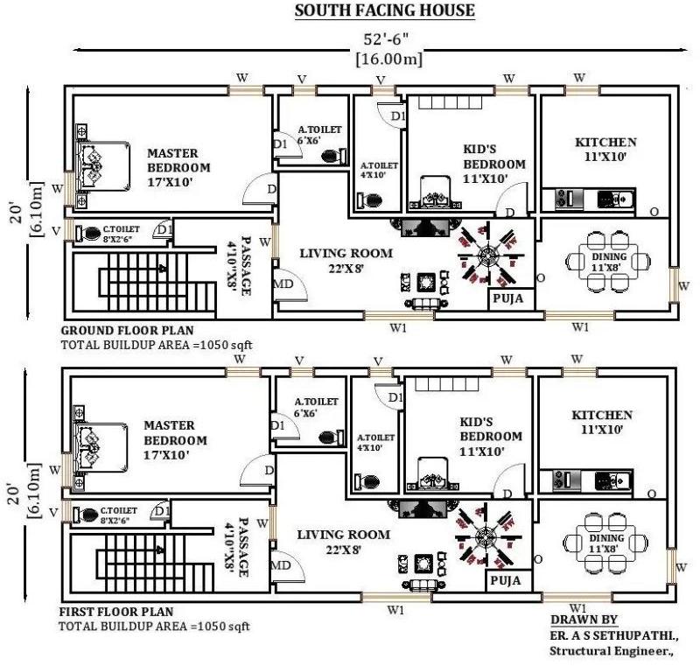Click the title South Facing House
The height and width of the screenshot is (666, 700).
click(384, 10)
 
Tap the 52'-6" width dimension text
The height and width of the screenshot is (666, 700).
click(386, 39)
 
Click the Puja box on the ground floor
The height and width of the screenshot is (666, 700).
click(511, 298)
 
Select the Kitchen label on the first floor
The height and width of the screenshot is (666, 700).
click(602, 415)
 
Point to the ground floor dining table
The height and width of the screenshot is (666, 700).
click(608, 261)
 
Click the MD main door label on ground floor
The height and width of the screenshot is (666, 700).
click(283, 284)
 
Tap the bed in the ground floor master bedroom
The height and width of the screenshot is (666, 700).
click(104, 167)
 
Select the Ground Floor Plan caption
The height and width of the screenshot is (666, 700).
click(127, 330)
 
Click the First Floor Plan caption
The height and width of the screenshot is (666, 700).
click(116, 611)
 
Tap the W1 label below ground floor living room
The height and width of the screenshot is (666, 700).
click(398, 328)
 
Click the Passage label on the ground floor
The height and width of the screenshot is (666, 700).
click(246, 265)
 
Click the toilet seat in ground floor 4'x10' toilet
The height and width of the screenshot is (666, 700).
click(369, 199)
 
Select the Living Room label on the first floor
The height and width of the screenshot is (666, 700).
click(344, 535)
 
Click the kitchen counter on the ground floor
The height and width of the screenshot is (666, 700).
click(588, 199)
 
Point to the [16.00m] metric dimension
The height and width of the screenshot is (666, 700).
click(388, 59)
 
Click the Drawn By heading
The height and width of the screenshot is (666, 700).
click(584, 620)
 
